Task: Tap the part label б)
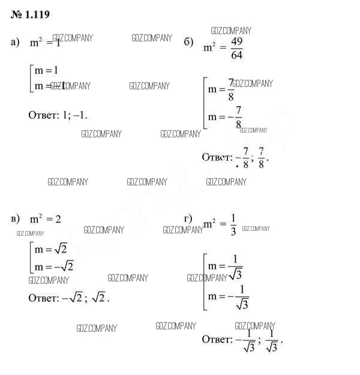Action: click(x=188, y=42)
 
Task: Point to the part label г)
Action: click(x=188, y=217)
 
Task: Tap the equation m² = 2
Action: click(x=46, y=220)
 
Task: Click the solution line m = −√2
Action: click(x=53, y=266)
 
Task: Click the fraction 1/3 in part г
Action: click(x=233, y=224)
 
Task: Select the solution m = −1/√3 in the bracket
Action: click(x=228, y=297)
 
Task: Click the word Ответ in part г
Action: click(x=217, y=340)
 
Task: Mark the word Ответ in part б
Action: click(x=217, y=157)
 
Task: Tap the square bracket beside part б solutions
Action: click(x=205, y=103)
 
